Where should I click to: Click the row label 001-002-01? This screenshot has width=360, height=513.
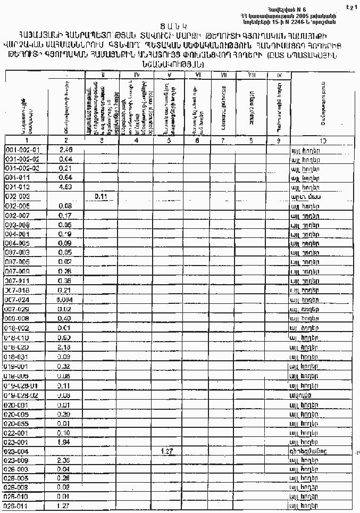pos(26,150)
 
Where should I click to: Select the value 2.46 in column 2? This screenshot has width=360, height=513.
pos(66,150)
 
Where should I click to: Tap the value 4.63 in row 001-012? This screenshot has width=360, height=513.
pos(66,187)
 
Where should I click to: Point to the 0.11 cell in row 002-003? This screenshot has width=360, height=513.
pos(102,196)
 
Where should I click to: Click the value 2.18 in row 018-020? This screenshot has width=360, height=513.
pos(66,347)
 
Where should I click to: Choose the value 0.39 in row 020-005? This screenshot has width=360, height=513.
pos(66,413)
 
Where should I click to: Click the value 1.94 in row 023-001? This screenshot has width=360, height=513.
pos(66,442)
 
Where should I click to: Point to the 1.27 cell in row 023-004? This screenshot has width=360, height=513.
pos(169,451)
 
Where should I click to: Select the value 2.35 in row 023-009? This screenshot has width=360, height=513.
pos(66,460)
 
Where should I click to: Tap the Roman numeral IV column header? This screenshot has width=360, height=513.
pos(136,75)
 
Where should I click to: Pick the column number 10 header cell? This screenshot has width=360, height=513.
pos(323,140)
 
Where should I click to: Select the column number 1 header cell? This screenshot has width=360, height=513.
pos(27,140)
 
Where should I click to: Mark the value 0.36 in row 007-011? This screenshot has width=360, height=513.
pos(66,281)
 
